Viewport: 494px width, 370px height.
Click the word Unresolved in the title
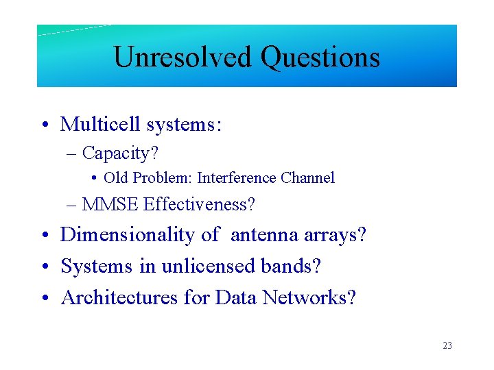pyautogui.click(x=182, y=57)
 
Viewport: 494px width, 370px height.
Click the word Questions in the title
pyautogui.click(x=320, y=57)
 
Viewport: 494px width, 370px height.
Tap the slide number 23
pyautogui.click(x=447, y=346)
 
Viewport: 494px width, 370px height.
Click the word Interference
pyautogui.click(x=237, y=178)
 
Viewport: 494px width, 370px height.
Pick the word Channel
pyautogui.click(x=308, y=178)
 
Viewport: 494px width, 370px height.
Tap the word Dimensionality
pyautogui.click(x=128, y=235)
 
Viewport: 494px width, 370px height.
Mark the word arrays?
pyautogui.click(x=335, y=235)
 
